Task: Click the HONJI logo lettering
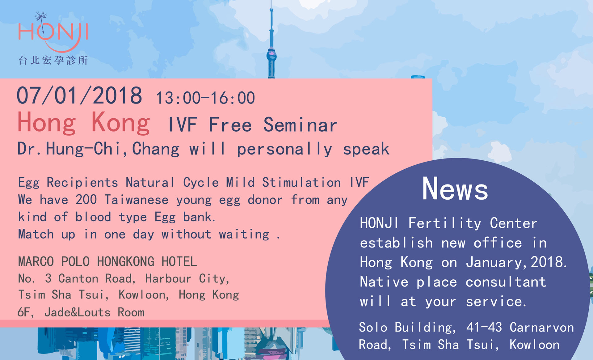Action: pyautogui.click(x=53, y=32)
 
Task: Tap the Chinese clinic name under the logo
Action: pyautogui.click(x=53, y=60)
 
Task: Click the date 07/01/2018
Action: pyautogui.click(x=79, y=95)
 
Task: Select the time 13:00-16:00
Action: pyautogui.click(x=205, y=98)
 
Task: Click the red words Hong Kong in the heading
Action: pyautogui.click(x=84, y=123)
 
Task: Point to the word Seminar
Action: pyautogui.click(x=300, y=125)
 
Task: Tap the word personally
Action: pyautogui.click(x=284, y=149)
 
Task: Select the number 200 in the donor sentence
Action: pyautogui.click(x=86, y=200)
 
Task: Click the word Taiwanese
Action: pyautogui.click(x=137, y=200)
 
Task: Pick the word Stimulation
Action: pyautogui.click(x=301, y=182)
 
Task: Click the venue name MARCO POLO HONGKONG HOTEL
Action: pyautogui.click(x=107, y=262)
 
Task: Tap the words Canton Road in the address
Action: pyautogui.click(x=97, y=278)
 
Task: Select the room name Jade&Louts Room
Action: pyautogui.click(x=95, y=312)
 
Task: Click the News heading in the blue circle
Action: pyautogui.click(x=455, y=189)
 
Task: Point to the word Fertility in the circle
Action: pyautogui.click(x=445, y=223)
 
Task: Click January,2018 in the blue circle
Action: pyautogui.click(x=516, y=262)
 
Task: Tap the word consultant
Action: pyautogui.click(x=506, y=282)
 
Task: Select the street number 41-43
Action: pyautogui.click(x=484, y=327)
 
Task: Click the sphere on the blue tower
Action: pyautogui.click(x=271, y=56)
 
